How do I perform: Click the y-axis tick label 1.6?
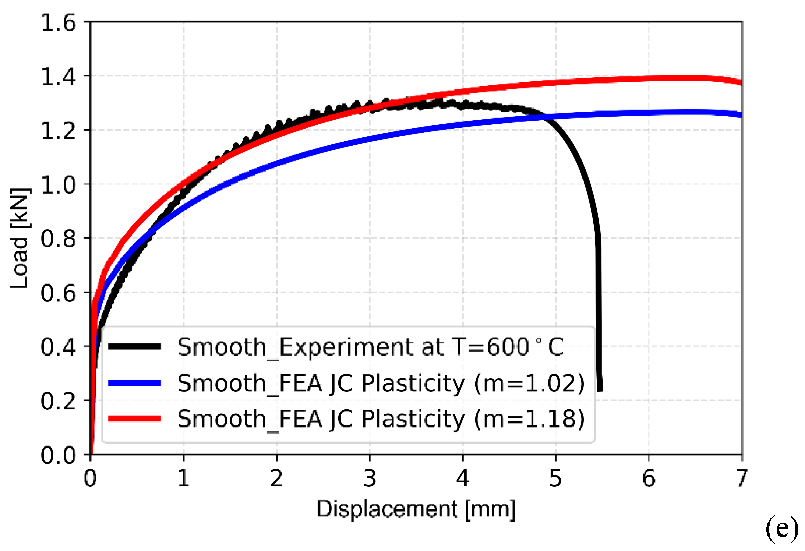click(58, 23)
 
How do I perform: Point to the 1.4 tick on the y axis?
click(58, 77)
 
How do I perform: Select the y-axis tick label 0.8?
click(58, 239)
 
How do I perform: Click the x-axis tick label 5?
click(555, 478)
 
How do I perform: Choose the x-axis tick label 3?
click(370, 478)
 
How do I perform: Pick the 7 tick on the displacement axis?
click(741, 478)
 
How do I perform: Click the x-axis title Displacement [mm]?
click(416, 509)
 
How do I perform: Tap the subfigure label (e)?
click(782, 529)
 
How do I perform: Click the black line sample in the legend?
click(134, 346)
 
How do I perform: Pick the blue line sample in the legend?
click(134, 383)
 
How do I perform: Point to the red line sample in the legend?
click(134, 418)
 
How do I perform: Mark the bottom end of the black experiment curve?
click(600, 389)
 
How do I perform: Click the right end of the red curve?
click(741, 83)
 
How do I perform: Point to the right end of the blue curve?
click(741, 115)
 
